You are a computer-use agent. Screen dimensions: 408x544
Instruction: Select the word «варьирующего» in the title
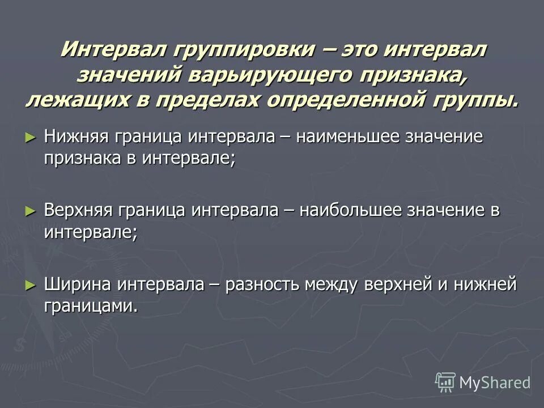pos(268,75)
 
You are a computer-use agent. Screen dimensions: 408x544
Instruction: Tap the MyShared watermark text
pos(495,382)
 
